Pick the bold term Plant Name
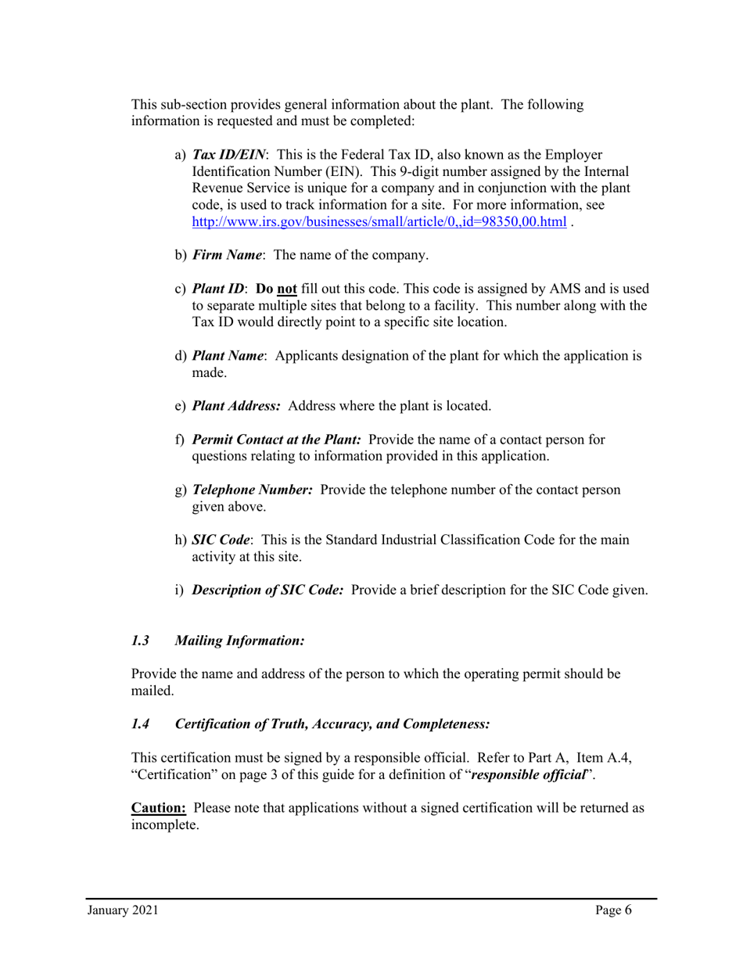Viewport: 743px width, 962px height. [228, 356]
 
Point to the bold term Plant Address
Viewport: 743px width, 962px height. [236, 406]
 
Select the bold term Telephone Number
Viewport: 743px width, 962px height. [253, 490]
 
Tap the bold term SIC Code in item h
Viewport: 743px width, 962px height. [221, 540]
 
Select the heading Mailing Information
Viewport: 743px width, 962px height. [239, 641]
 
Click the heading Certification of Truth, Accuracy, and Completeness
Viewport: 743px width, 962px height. [332, 724]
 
